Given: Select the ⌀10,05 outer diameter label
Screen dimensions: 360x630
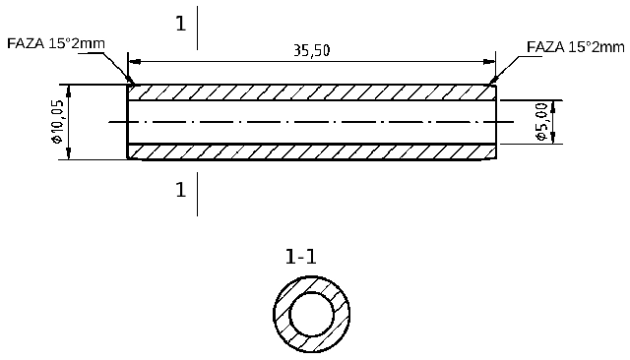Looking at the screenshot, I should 57,122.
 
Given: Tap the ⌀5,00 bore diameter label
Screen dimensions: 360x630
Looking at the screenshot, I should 542,122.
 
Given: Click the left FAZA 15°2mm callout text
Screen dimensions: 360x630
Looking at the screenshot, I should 55,44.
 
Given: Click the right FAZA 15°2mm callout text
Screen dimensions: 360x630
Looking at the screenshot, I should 576,45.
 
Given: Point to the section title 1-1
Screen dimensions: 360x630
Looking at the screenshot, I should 300,258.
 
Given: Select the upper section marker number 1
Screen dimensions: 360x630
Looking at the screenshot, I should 180,25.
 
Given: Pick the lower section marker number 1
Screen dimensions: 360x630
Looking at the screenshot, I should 180,191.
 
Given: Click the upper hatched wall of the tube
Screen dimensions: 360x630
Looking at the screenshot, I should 311,92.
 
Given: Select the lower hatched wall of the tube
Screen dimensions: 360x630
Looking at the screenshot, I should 311,151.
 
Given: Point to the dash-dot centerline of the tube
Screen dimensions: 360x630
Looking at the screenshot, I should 311,122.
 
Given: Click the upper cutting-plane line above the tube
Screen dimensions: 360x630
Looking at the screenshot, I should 198,28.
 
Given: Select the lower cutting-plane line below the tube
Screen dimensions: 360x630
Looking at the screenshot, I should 198,194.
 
